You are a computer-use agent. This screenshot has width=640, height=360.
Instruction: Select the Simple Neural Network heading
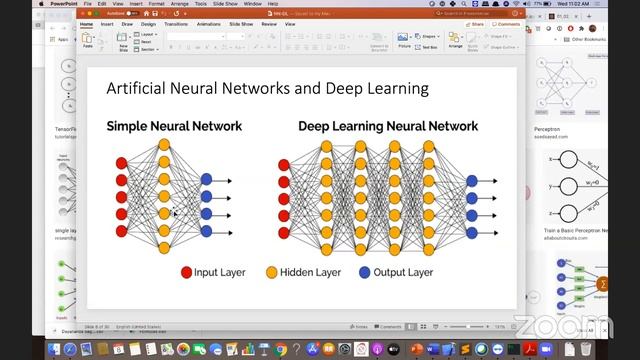point(174,126)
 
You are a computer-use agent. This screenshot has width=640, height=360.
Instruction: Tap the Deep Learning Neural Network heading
point(387,126)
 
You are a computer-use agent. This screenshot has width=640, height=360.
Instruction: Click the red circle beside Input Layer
point(186,272)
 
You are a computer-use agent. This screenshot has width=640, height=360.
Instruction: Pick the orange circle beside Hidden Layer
point(271,272)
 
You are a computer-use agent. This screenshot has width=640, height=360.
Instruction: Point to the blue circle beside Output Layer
point(365,272)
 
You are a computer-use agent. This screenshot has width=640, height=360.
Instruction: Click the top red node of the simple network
point(122,162)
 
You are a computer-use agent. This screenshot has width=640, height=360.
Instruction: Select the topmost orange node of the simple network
point(165,145)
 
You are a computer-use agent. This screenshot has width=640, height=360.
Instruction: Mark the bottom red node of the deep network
point(284,233)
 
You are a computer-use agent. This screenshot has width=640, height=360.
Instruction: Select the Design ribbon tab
point(149,23)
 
